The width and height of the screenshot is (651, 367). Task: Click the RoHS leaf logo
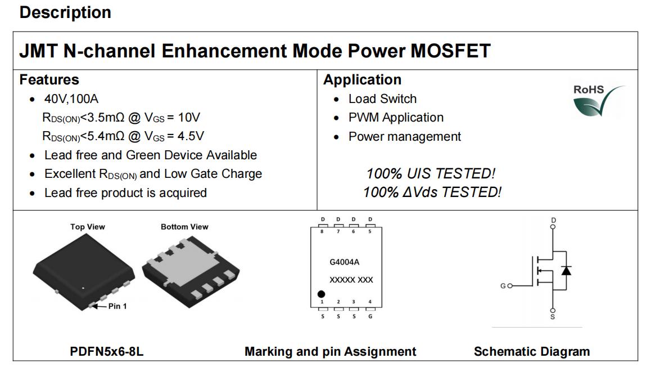pos(599,101)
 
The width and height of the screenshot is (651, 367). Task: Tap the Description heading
pos(65,12)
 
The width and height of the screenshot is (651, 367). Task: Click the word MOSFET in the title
pos(450,51)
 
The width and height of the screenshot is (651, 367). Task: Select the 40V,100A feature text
pos(71,99)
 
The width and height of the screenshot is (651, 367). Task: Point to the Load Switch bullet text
pos(382,99)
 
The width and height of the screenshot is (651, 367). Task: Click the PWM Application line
pos(396,118)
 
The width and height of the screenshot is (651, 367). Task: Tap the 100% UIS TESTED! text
pos(431,173)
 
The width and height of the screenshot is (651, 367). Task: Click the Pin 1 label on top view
pos(117,306)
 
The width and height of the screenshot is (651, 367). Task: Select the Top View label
pos(88,227)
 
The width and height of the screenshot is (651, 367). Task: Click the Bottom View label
pos(184,227)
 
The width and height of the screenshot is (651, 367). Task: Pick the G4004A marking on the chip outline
pos(344,262)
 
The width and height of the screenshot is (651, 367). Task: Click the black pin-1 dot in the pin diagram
pos(321,294)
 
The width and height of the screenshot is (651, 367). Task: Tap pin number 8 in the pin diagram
pos(322,231)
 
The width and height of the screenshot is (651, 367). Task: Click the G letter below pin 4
pos(370,317)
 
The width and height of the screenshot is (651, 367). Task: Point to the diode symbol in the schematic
pos(566,270)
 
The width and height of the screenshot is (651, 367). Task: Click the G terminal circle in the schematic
pos(510,286)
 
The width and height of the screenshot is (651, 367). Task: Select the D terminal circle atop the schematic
pos(553,227)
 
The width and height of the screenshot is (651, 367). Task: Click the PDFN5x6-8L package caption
pos(107,352)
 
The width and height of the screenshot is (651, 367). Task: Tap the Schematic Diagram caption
pos(532,352)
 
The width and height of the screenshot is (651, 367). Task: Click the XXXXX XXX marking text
pos(351,280)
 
